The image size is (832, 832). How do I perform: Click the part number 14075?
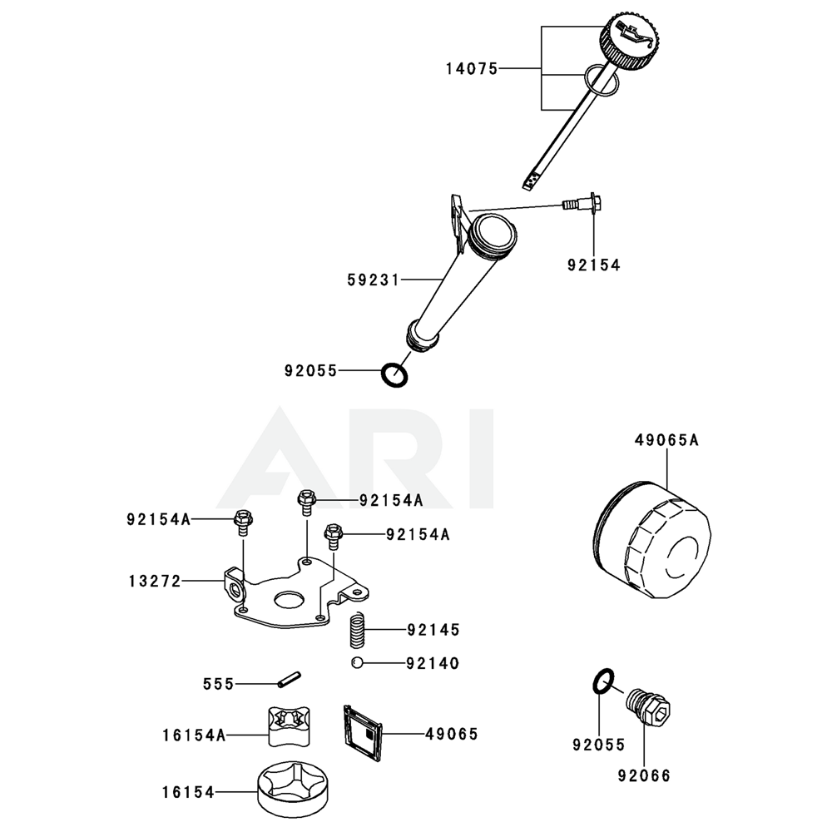point(470,70)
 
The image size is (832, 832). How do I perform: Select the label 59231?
point(373,281)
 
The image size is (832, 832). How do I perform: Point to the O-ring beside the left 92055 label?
point(395,374)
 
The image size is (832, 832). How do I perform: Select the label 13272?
point(155,581)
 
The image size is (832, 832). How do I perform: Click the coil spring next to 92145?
point(358,630)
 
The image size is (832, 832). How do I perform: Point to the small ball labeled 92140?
point(355,663)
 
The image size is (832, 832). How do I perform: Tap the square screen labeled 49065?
point(362,731)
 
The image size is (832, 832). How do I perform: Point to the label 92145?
point(433,630)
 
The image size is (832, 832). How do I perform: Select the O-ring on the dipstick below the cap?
point(601,80)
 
